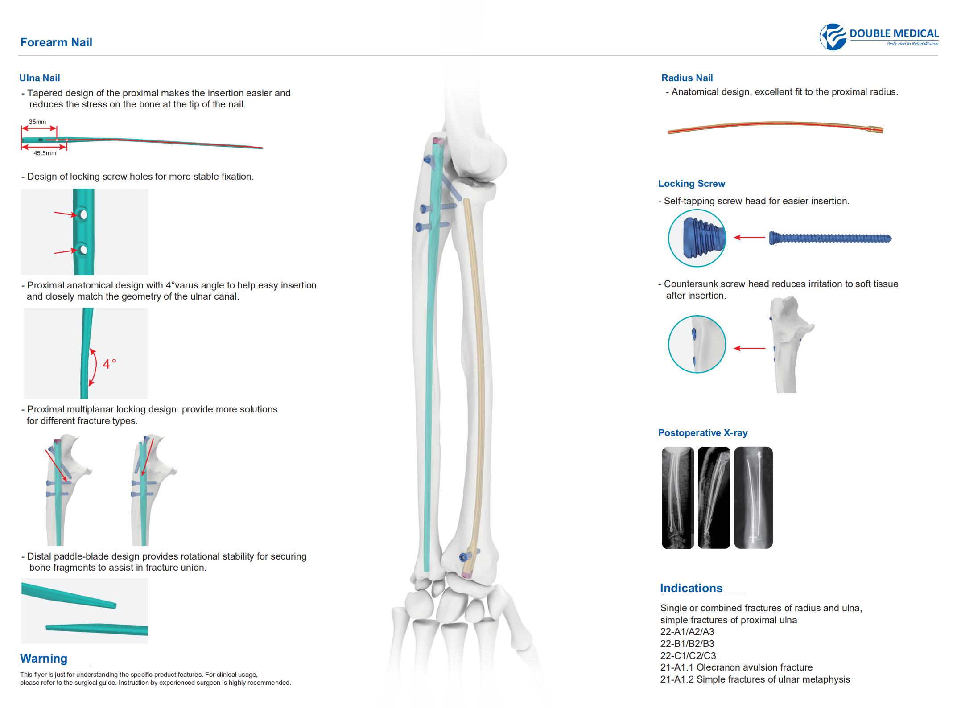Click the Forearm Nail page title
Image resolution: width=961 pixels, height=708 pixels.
point(56,42)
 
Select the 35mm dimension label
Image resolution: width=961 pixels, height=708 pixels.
point(37,122)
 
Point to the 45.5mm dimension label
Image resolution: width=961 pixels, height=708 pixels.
point(45,153)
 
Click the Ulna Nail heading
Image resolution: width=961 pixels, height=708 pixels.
point(40,78)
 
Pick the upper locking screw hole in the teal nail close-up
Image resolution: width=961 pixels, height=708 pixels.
point(83,214)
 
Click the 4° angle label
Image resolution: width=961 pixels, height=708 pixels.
point(109,364)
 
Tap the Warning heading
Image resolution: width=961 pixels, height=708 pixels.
point(44,659)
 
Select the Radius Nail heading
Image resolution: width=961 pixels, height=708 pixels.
point(687,78)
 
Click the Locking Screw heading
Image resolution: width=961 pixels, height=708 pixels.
point(692,184)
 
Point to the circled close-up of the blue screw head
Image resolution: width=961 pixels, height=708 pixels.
point(697,238)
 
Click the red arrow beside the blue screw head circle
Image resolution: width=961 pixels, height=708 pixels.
point(749,238)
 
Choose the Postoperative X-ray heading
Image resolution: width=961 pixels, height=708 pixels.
point(703,433)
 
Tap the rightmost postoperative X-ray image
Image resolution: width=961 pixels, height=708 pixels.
point(753,498)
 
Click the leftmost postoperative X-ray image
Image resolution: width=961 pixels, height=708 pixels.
point(678,498)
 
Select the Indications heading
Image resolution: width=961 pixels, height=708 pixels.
point(691,588)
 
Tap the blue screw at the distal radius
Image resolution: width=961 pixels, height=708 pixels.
point(464,558)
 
